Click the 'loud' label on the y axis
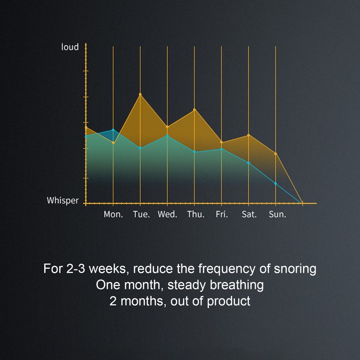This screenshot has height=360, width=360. [70, 47]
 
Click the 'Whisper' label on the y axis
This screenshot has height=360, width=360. [63, 200]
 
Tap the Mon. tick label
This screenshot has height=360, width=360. [113, 214]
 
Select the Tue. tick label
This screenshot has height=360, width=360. [141, 214]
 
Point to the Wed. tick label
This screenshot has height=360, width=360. [167, 214]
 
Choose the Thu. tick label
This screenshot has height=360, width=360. [195, 214]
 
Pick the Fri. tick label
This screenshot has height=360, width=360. [222, 214]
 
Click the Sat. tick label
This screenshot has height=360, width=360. [249, 214]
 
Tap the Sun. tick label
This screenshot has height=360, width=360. [277, 214]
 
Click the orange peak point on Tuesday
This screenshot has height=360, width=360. [140, 94]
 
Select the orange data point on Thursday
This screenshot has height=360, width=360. [194, 109]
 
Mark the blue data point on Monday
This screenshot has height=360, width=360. [113, 130]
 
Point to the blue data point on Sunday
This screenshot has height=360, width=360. [275, 184]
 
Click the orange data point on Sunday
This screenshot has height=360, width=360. [275, 154]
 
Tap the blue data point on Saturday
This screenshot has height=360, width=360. [248, 162]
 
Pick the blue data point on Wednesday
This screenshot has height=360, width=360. [167, 135]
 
